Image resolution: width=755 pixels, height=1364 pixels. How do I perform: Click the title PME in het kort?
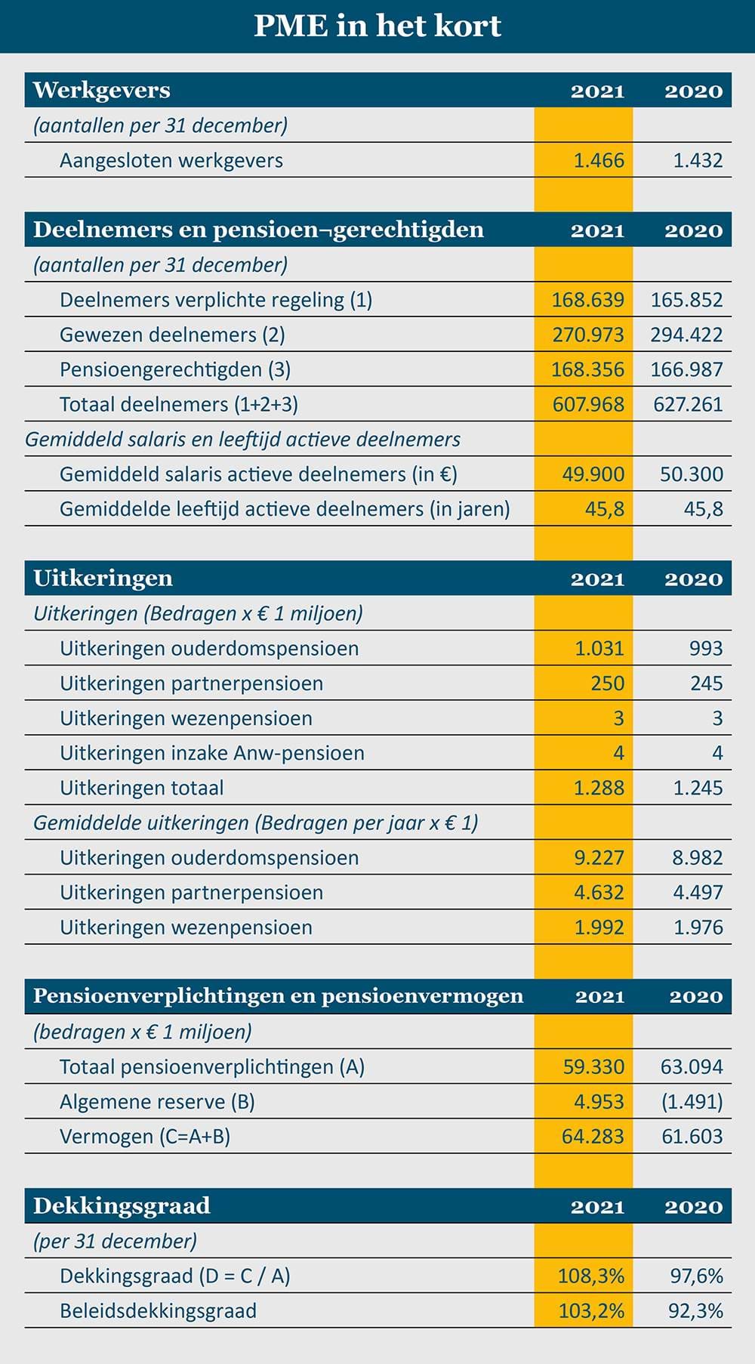[377, 26]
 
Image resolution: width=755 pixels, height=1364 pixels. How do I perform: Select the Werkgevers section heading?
[102, 90]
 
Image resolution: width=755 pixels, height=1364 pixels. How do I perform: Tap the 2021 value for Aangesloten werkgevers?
[599, 160]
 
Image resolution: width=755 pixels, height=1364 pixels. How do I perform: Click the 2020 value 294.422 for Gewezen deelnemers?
[686, 335]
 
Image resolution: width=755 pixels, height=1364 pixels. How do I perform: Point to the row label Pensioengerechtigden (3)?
[175, 369]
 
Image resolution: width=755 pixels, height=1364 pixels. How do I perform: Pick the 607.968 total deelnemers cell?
[588, 404]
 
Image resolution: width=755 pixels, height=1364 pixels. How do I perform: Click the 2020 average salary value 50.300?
[692, 474]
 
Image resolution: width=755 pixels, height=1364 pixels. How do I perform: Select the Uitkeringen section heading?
[103, 579]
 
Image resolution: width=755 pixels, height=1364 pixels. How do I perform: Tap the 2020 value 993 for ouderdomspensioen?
[706, 648]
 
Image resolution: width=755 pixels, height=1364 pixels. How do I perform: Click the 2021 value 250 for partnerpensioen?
[608, 684]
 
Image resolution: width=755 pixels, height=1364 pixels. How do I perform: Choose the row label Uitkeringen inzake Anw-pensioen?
[212, 753]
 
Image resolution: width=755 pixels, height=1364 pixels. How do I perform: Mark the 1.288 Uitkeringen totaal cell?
[599, 788]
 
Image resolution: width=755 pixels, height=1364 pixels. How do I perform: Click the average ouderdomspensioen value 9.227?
[599, 858]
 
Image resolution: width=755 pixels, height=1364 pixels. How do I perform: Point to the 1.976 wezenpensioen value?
[698, 927]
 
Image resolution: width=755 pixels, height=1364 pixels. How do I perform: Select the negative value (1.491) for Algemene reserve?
[692, 1102]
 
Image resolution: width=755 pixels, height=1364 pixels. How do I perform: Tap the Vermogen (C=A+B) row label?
[145, 1137]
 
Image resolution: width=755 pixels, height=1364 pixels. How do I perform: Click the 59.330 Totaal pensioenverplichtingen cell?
[593, 1067]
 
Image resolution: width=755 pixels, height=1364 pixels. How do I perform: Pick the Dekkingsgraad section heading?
[122, 1205]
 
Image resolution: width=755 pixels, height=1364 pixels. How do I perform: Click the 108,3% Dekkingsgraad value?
[591, 1276]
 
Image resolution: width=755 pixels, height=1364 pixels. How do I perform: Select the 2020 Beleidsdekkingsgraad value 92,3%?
[696, 1311]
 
